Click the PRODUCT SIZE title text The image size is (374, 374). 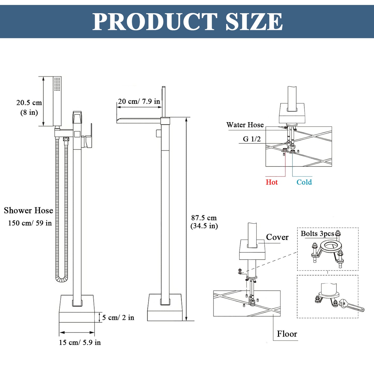187,22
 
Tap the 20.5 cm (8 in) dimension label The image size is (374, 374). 29,107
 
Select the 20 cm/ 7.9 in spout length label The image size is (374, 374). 139,101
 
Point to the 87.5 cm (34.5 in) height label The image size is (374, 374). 204,222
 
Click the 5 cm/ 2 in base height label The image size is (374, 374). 118,318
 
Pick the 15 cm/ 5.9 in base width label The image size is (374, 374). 80,342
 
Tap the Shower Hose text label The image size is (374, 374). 28,210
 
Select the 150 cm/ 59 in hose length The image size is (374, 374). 30,223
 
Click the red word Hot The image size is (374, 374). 272,182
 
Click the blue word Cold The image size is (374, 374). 304,182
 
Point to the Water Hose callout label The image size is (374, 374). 245,125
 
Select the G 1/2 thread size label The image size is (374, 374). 252,139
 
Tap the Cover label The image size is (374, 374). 277,237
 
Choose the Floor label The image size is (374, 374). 287,334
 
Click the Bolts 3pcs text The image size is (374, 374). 317,234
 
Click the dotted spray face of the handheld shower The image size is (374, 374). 57,84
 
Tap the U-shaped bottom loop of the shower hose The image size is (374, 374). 62,279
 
